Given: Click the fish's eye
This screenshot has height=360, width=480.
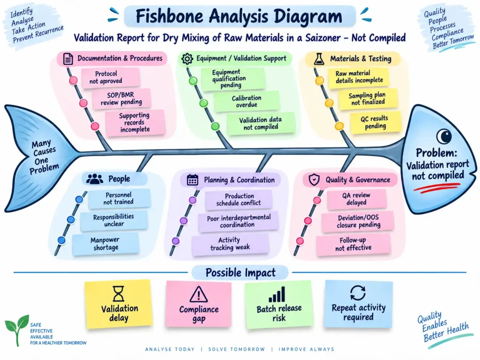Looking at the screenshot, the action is pos(444,136).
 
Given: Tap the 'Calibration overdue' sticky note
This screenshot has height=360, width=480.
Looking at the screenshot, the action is pos(247,101).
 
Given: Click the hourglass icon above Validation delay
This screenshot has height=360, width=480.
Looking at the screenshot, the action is pos(119,294).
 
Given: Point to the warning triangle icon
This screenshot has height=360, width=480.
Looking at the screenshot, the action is pos(199,294).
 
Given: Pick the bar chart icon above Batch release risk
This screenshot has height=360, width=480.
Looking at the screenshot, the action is pos(277,294).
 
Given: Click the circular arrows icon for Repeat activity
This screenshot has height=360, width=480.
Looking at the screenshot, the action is pos(358,292).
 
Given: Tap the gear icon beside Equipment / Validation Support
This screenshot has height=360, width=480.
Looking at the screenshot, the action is pos(187,59).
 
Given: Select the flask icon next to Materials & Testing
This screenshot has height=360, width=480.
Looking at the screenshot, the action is pos(319,59).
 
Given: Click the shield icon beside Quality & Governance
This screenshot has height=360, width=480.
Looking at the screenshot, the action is pos(314,180).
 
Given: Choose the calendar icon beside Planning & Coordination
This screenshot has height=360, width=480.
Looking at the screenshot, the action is pos(193,180).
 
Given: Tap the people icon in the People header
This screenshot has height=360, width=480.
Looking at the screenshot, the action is pos(95,179).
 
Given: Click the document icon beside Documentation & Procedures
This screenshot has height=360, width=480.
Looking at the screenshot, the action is pos(68,59).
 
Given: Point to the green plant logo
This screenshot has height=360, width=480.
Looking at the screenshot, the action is pos(17,330).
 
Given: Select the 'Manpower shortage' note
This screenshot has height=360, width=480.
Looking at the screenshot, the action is pos(105,244).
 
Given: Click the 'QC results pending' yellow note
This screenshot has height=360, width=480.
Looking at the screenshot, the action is pos(375,122).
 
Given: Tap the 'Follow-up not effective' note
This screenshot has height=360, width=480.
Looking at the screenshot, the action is pos(353,244).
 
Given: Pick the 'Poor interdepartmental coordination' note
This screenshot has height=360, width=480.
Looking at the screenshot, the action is pos(239,221).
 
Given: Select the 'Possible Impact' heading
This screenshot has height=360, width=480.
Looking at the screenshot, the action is pos(240,272).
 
